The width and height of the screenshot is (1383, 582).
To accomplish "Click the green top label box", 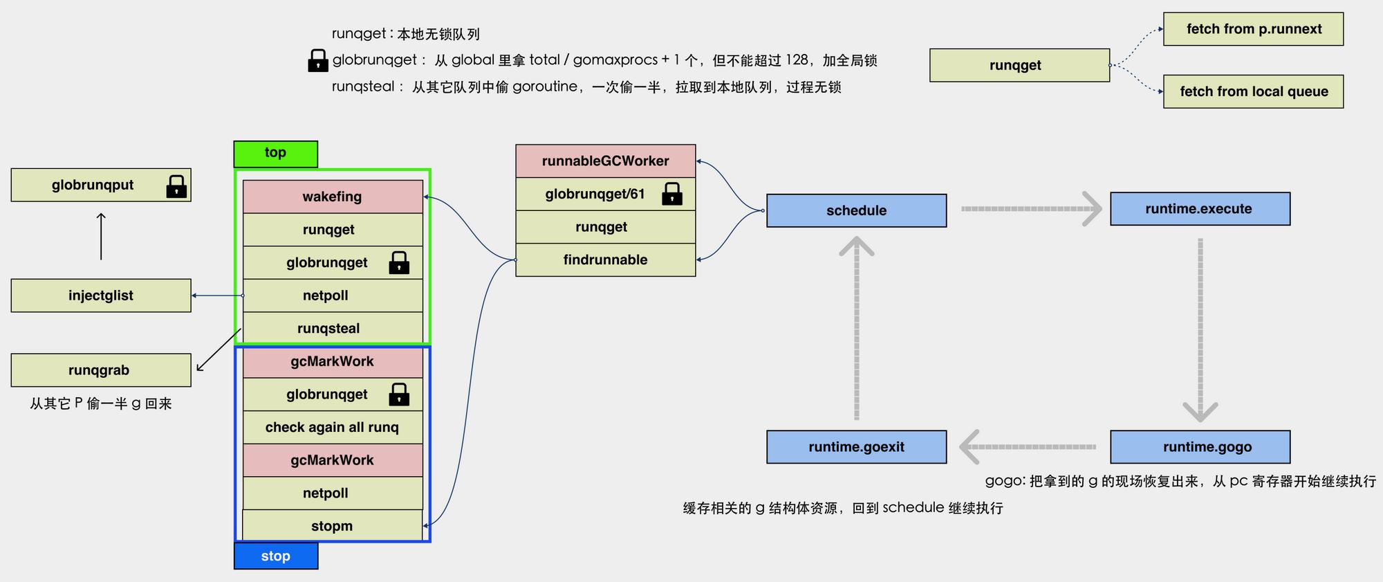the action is [x=276, y=154].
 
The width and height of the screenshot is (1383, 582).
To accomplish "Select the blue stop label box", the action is [x=276, y=556].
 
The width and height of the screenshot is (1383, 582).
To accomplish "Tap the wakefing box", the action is [x=333, y=197].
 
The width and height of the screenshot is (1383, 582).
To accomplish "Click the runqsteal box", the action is [x=333, y=328].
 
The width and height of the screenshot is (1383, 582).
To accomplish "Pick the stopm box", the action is [x=333, y=526].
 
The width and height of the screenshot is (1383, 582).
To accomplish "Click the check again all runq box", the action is [x=333, y=427].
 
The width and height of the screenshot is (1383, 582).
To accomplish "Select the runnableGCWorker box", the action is [x=606, y=161].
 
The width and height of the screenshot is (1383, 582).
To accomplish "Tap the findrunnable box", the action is [x=606, y=260].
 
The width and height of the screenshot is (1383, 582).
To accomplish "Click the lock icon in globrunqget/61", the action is [x=672, y=194].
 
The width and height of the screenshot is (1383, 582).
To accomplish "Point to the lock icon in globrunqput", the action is [x=176, y=186].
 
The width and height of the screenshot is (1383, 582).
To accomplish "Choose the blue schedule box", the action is [x=857, y=210].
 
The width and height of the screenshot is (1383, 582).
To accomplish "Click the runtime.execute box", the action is [x=1200, y=209].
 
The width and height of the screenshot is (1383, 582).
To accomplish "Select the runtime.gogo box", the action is [x=1200, y=447].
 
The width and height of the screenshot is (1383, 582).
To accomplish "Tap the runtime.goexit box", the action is [x=857, y=447].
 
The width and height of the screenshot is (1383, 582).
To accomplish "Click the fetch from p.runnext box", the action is [x=1254, y=29].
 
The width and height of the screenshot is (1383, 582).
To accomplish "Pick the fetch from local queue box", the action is [x=1254, y=91].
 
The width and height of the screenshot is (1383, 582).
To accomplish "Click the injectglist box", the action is [x=101, y=295].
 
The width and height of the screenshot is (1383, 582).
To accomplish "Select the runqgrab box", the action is [x=101, y=370].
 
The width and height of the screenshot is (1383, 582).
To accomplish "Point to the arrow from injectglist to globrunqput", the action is [x=101, y=237].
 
